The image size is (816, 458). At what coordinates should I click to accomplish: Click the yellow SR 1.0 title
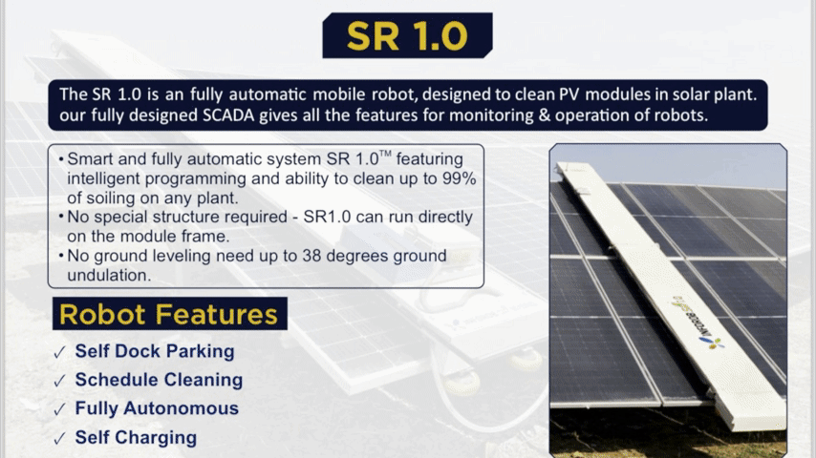click(407, 36)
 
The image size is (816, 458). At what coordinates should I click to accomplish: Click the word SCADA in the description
click(228, 114)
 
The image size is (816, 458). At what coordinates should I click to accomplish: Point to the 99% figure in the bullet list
click(459, 178)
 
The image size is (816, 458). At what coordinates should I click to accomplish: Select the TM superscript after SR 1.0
click(385, 154)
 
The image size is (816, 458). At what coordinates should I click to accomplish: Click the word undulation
click(109, 275)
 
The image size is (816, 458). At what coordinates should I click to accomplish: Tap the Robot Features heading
click(168, 314)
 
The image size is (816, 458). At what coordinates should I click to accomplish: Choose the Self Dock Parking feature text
click(155, 351)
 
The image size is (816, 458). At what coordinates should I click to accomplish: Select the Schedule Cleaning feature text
click(159, 380)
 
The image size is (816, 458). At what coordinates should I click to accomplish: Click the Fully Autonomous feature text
click(157, 408)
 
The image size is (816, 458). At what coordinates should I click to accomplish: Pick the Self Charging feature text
click(136, 438)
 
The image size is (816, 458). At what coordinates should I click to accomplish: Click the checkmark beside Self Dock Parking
click(59, 352)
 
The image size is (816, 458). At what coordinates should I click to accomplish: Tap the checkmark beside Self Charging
click(59, 439)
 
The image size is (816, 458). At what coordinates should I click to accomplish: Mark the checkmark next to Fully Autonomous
click(59, 409)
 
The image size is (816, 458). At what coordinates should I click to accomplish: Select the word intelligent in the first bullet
click(103, 178)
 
